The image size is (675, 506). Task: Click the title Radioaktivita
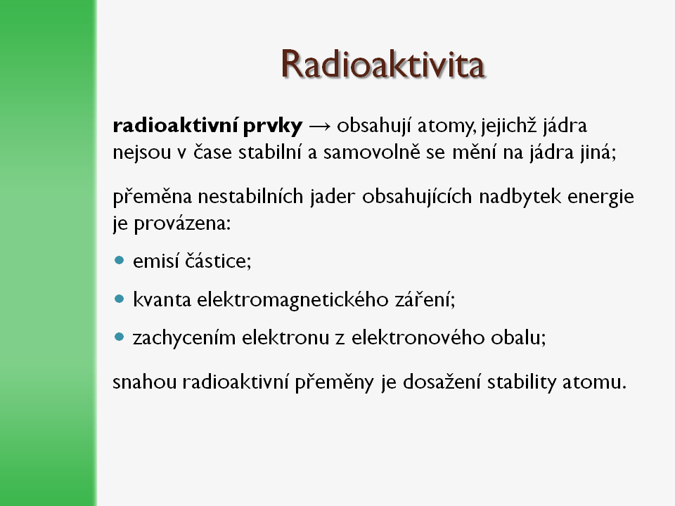pyautogui.click(x=383, y=64)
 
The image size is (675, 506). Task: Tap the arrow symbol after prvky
pyautogui.click(x=320, y=126)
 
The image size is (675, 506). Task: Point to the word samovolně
pyautogui.click(x=371, y=153)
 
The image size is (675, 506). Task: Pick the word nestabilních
pyautogui.click(x=250, y=197)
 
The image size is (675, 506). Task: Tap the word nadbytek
pyautogui.click(x=520, y=197)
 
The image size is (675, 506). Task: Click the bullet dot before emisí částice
pyautogui.click(x=120, y=260)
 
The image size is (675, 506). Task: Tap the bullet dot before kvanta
pyautogui.click(x=120, y=298)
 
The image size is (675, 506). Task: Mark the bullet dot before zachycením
pyautogui.click(x=120, y=337)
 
